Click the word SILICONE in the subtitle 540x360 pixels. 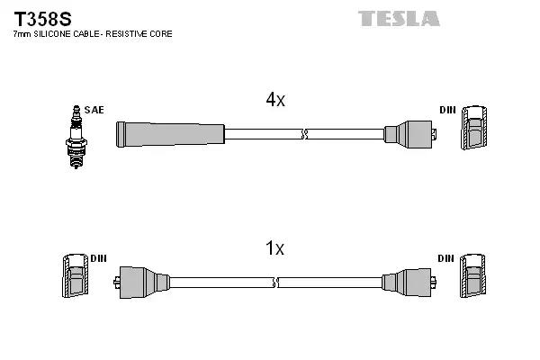click(57, 34)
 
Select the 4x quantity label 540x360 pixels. click(274, 100)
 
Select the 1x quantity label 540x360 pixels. click(274, 248)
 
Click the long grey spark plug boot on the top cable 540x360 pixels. click(169, 134)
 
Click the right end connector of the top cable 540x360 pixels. click(409, 134)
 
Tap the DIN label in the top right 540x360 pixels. click(447, 110)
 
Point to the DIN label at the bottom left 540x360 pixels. click(97, 258)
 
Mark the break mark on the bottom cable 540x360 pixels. click(274, 282)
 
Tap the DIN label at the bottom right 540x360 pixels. click(445, 258)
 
